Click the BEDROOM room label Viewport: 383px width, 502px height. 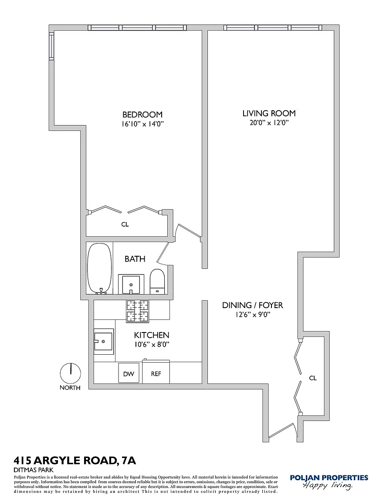coord(142,115)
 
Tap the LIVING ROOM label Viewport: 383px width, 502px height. coord(269,113)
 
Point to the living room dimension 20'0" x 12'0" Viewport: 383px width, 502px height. coord(269,123)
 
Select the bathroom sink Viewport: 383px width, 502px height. coord(131,284)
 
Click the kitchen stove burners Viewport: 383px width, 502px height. coord(137,311)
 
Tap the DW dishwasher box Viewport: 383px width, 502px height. coord(129,373)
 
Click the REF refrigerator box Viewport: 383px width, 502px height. coord(156,373)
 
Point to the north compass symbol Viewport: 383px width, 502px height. coord(70,373)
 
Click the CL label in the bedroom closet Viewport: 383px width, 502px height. coord(125,224)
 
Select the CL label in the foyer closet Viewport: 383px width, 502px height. coord(312,378)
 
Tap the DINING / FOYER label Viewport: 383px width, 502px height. coord(252,305)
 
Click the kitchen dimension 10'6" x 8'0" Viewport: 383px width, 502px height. coord(151,344)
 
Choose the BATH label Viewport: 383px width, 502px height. coord(135,259)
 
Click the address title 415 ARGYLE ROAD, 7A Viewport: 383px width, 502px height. coord(72,461)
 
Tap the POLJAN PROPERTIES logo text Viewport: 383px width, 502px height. coord(329,478)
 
